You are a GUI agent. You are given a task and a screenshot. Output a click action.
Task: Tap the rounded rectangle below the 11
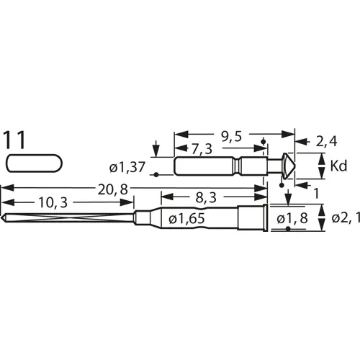point(33,163)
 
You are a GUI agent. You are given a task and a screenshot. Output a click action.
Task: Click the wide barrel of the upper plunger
point(205,166)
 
